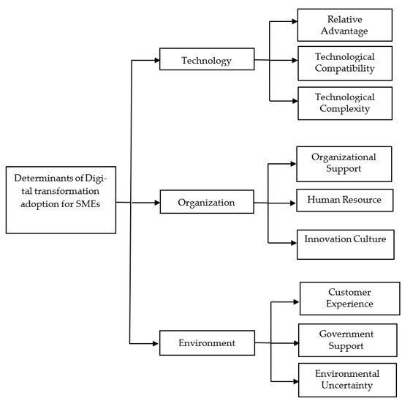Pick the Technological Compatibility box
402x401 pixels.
click(344, 63)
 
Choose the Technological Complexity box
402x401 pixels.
click(344, 102)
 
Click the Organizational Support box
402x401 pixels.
click(344, 163)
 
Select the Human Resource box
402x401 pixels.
click(344, 200)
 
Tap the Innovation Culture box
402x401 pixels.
click(344, 241)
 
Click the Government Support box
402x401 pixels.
click(349, 339)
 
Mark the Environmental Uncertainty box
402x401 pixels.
click(349, 379)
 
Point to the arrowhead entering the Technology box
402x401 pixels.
click(156, 60)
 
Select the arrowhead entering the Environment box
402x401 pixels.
click(156, 342)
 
